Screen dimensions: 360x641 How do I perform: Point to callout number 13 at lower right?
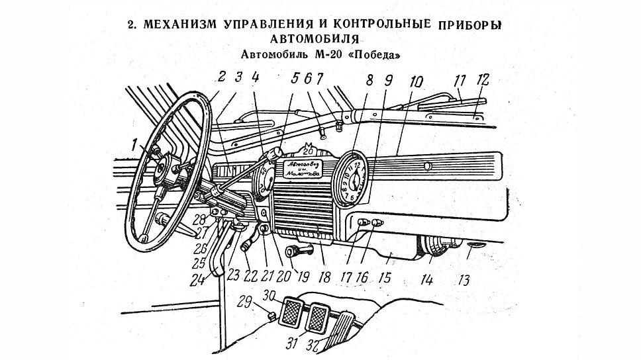464,280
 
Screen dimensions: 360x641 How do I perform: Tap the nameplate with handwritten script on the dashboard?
301,168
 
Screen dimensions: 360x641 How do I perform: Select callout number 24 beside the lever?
196,280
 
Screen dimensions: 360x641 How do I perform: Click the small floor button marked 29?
271,314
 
